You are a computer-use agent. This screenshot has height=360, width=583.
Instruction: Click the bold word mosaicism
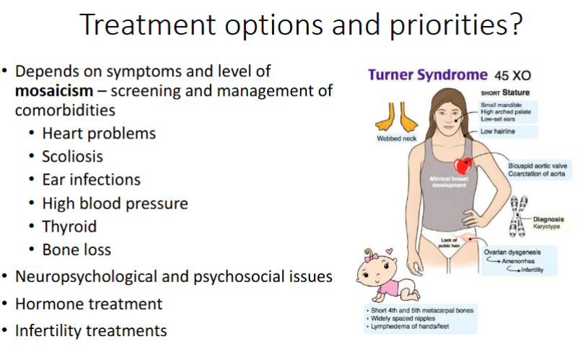click(x=54, y=91)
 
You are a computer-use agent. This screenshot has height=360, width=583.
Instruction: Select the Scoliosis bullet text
click(x=72, y=157)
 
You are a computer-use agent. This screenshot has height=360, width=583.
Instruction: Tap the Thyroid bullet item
click(x=69, y=227)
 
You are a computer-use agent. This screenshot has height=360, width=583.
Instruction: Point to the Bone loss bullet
click(x=76, y=250)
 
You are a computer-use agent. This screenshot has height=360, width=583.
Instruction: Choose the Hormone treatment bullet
click(x=89, y=304)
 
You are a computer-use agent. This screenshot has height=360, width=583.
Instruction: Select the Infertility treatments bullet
click(x=91, y=330)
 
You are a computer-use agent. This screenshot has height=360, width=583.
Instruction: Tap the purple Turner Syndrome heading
click(x=428, y=75)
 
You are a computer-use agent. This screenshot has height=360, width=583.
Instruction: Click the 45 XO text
click(x=512, y=76)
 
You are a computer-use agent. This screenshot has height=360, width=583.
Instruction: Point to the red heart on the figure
click(x=463, y=166)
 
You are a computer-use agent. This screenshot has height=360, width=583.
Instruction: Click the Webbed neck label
click(x=396, y=139)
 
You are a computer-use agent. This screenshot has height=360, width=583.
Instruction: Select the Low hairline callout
click(x=497, y=131)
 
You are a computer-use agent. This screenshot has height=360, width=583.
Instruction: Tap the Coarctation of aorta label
click(x=537, y=174)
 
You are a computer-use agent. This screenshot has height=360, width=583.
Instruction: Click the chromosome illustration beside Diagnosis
click(x=518, y=216)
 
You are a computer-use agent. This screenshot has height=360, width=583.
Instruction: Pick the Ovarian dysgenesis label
click(x=512, y=253)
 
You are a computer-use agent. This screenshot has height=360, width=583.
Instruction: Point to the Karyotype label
click(x=546, y=227)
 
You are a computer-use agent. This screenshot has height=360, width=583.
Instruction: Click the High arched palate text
click(x=506, y=112)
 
